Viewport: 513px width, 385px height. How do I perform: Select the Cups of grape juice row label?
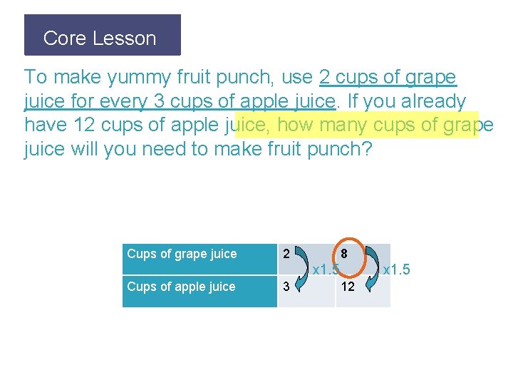pyautogui.click(x=182, y=254)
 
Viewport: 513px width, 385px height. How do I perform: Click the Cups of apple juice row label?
pyautogui.click(x=181, y=287)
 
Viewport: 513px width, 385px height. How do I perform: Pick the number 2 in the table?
pyautogui.click(x=286, y=254)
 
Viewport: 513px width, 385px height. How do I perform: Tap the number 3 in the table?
pyautogui.click(x=286, y=287)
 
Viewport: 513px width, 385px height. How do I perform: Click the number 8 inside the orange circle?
pyautogui.click(x=344, y=253)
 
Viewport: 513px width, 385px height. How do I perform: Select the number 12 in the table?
pyautogui.click(x=348, y=287)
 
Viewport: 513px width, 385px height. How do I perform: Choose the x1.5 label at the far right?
pyautogui.click(x=397, y=270)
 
